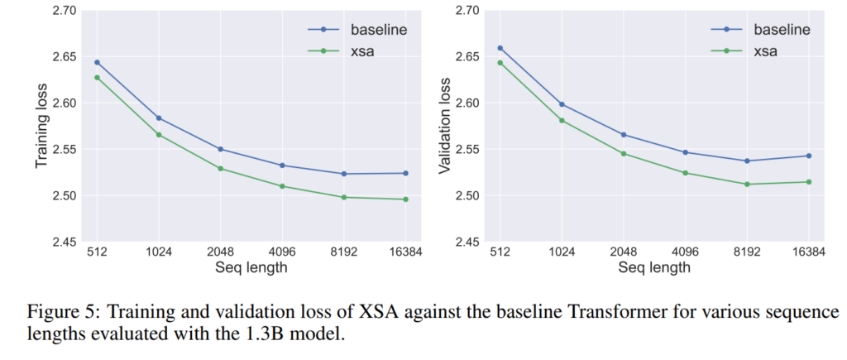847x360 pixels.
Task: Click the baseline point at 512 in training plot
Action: point(97,62)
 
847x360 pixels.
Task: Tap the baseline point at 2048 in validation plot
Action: point(623,135)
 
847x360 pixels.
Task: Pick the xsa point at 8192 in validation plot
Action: point(746,184)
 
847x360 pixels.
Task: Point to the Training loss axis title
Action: point(41,126)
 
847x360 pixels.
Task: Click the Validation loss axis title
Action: point(444,126)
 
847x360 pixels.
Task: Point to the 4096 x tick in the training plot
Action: point(281,252)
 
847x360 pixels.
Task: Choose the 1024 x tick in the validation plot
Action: point(562,252)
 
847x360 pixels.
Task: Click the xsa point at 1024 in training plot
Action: point(159,134)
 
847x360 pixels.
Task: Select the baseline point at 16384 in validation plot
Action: point(808,156)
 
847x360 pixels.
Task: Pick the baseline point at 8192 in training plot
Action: point(343,174)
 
